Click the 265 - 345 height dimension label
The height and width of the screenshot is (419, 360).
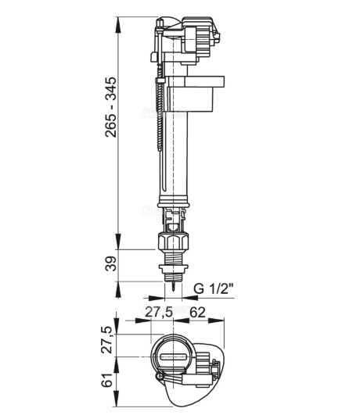(110, 107)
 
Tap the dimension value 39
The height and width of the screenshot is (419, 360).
(110, 263)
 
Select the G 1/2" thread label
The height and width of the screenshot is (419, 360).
(214, 289)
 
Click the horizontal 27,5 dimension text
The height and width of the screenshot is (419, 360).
(159, 312)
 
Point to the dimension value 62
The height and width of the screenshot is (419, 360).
(197, 312)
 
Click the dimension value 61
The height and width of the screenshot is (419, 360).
(108, 380)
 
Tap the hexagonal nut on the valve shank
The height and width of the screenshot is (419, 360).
(174, 242)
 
